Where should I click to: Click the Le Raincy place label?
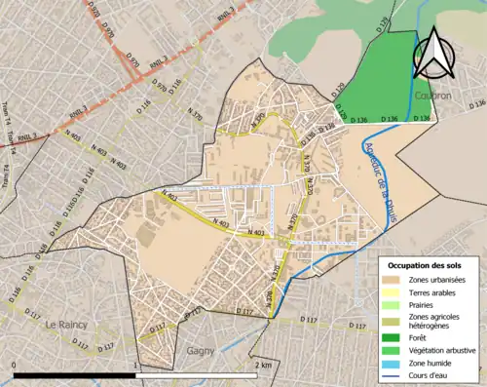point(66,324)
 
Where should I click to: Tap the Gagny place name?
point(202,348)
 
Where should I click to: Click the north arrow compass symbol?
point(433,54)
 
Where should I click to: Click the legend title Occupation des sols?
point(427,265)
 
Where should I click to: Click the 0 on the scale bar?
point(15,365)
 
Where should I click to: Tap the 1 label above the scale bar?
point(135,365)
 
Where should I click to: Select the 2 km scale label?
point(262,365)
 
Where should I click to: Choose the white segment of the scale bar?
point(196,374)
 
